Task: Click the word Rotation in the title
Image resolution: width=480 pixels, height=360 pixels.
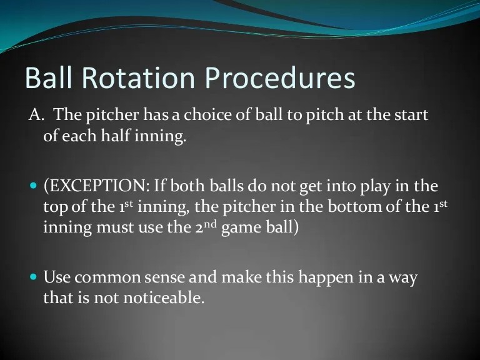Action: [134, 80]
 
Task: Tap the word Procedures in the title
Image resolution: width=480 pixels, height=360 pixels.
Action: [280, 80]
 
